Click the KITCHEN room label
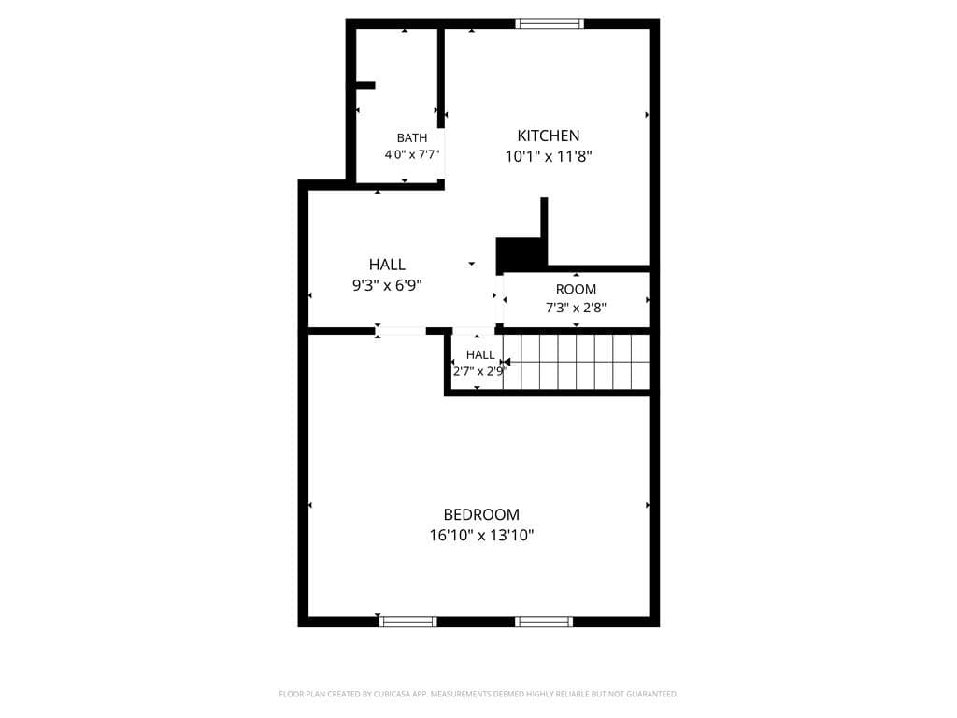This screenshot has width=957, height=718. tap(548, 136)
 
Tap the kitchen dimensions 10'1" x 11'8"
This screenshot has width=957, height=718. tap(548, 156)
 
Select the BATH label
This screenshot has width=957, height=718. tap(412, 138)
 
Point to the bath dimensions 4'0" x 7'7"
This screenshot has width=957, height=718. tap(412, 154)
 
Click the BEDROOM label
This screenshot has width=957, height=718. tap(481, 515)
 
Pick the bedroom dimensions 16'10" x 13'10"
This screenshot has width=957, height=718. tap(481, 536)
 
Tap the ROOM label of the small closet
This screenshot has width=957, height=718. tap(576, 290)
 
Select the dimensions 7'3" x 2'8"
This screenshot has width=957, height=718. tap(576, 308)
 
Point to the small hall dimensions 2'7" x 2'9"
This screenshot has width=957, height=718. tap(480, 371)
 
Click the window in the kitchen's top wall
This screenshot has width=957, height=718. tap(550, 23)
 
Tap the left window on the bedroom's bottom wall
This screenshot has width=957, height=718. tap(407, 622)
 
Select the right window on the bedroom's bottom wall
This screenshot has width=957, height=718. tap(544, 622)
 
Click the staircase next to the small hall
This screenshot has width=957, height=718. tap(576, 362)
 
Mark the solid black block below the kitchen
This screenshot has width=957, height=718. tap(519, 255)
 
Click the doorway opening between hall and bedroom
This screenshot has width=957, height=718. tap(400, 331)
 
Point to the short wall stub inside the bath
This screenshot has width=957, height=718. tap(365, 85)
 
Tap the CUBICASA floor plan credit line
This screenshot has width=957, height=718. tap(478, 694)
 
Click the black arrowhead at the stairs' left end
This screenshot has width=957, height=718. tap(506, 362)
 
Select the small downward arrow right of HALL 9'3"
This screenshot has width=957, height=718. tap(472, 264)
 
